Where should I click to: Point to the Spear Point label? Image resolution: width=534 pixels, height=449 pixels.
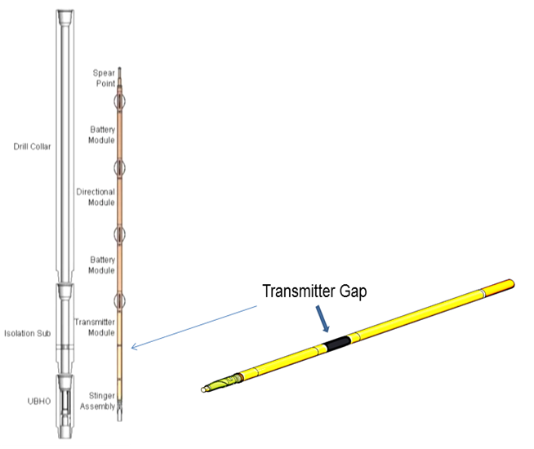(102, 78)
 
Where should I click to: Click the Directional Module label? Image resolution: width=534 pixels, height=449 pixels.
(96, 197)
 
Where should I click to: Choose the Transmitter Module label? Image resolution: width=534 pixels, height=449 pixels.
(94, 327)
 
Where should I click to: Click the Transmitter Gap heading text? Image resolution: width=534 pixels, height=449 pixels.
(314, 291)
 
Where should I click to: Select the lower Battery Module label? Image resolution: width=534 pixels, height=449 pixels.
(101, 265)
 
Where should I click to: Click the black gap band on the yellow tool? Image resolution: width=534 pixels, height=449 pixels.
(336, 344)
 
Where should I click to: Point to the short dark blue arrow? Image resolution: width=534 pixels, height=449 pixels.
(326, 319)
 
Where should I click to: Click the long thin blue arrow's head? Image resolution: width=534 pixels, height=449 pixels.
(134, 347)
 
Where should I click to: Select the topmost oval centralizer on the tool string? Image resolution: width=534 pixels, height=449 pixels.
(120, 102)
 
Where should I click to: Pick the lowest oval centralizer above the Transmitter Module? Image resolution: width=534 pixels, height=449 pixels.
(120, 300)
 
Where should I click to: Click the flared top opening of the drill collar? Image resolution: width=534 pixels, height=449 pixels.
(65, 16)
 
